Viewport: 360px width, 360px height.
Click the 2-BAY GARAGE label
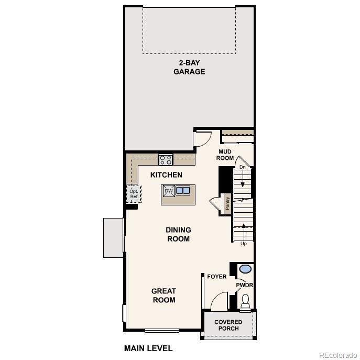[189, 67]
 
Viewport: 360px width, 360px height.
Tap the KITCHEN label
[166, 175]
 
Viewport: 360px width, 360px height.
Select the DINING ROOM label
[178, 234]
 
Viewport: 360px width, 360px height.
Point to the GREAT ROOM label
[163, 296]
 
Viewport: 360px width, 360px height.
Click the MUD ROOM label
[225, 155]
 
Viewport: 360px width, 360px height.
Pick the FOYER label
[216, 276]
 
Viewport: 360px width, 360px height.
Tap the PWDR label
[244, 286]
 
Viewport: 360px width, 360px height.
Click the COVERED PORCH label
[228, 325]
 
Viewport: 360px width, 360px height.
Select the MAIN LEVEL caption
[148, 348]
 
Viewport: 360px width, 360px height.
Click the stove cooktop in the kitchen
[166, 160]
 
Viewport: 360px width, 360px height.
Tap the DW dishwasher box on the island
[169, 191]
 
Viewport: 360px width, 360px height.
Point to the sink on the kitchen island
[183, 191]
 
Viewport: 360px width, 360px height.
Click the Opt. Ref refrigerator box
[134, 193]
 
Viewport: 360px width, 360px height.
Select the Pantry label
[227, 203]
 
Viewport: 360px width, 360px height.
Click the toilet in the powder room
[245, 301]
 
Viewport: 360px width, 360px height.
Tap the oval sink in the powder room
[245, 269]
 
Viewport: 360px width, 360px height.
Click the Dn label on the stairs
[243, 167]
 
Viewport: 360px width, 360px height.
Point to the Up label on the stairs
[243, 244]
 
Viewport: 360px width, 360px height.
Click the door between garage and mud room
[201, 138]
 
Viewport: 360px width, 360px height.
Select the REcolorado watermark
[337, 354]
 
